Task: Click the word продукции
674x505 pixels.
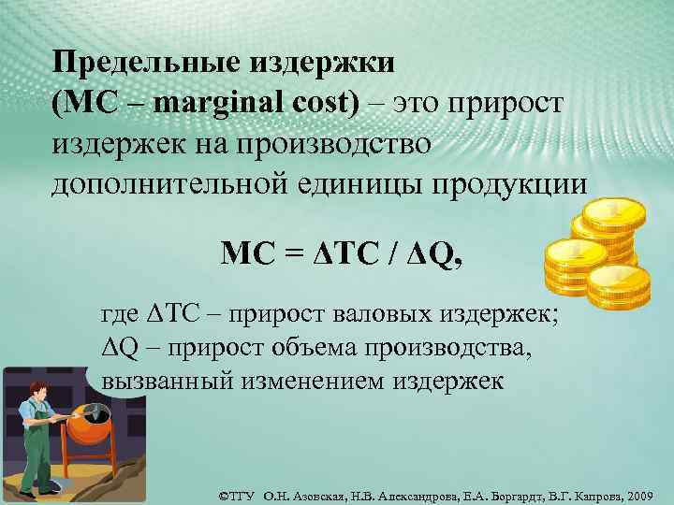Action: [x=488, y=184]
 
